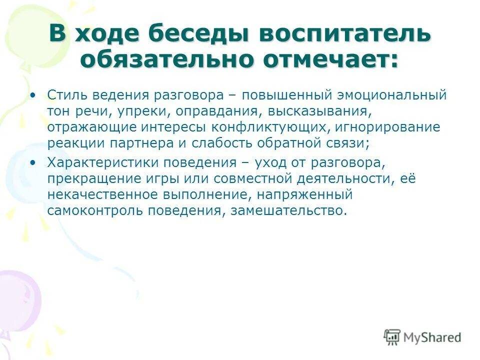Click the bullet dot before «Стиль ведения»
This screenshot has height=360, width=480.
click(x=33, y=94)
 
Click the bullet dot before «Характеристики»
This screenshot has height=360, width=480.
click(x=33, y=162)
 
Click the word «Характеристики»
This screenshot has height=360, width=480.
click(x=100, y=162)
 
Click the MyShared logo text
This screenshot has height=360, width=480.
click(x=431, y=337)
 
